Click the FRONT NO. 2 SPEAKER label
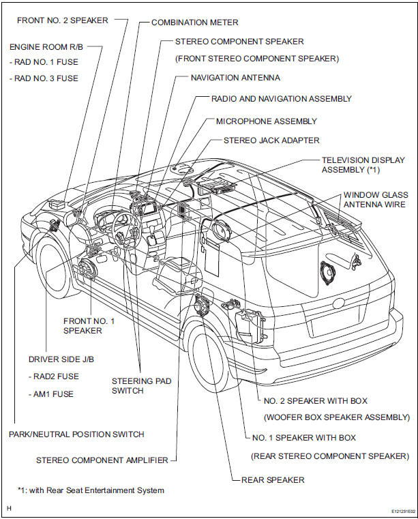[x=61, y=20]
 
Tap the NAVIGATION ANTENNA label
[x=235, y=78]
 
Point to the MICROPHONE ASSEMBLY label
[x=266, y=121]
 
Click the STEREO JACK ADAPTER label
[x=271, y=140]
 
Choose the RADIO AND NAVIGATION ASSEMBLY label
[x=281, y=98]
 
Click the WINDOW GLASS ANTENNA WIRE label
[x=376, y=199]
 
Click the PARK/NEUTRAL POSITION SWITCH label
[x=76, y=434]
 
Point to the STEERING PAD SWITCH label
[x=128, y=385]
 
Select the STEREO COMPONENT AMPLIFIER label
[x=102, y=460]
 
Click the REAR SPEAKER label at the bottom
[x=273, y=480]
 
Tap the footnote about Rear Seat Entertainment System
[x=91, y=490]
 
